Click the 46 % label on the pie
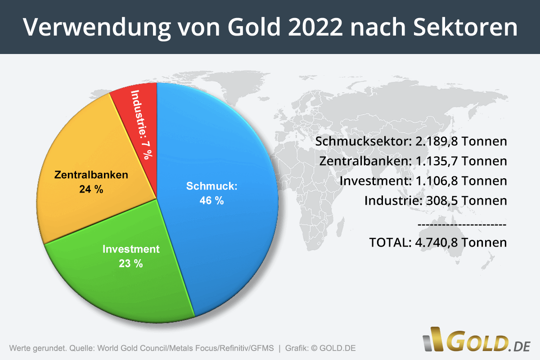(x=211, y=201)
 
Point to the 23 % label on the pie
(x=131, y=264)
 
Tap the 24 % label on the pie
(x=91, y=189)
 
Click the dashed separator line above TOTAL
(x=462, y=224)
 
